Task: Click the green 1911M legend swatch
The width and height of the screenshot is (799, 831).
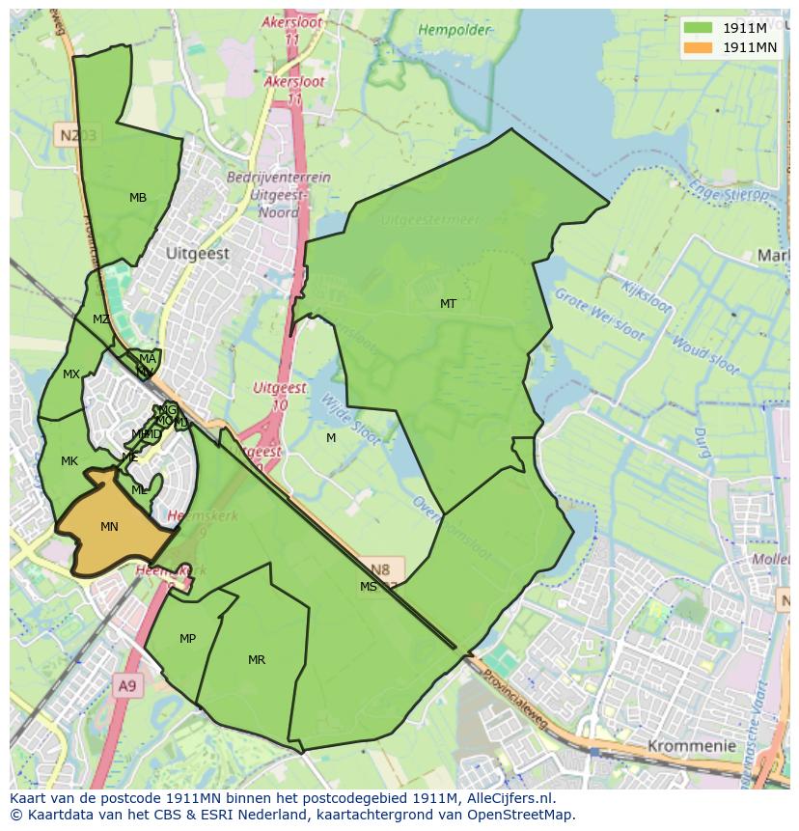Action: point(698,27)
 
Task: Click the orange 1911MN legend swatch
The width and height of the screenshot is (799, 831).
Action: point(698,47)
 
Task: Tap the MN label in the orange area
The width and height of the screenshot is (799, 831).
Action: point(109,527)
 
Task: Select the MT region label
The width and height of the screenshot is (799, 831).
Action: point(448,304)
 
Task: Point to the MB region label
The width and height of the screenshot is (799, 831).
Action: point(138,198)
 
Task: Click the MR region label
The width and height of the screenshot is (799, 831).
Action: point(257,660)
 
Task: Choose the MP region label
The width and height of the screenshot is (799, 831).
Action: point(187,639)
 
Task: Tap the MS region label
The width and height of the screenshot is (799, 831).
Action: point(369,587)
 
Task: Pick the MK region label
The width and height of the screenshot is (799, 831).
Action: point(69,461)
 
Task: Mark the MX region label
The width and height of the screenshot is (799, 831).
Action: point(71,374)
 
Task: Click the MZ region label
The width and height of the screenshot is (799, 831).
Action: point(100,319)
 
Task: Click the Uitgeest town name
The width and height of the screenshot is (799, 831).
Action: point(198,254)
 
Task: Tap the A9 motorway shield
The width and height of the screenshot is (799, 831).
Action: point(127,686)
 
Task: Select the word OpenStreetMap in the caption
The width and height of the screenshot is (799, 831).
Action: point(522,815)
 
